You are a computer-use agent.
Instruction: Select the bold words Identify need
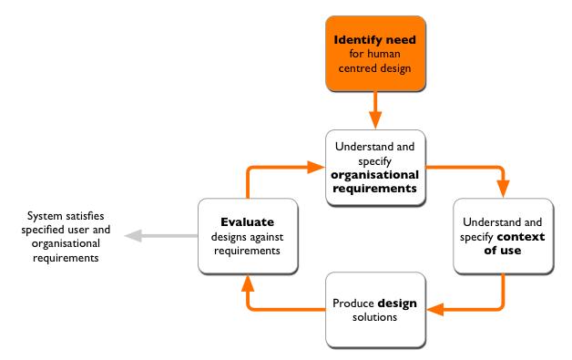(376, 41)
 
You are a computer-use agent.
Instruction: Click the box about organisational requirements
(376, 165)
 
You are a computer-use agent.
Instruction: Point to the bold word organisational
(376, 177)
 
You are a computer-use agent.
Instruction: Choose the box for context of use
(503, 234)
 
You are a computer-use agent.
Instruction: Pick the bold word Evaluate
(249, 221)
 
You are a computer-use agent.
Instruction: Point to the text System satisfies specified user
(68, 223)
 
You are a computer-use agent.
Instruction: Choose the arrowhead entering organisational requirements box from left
(315, 166)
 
